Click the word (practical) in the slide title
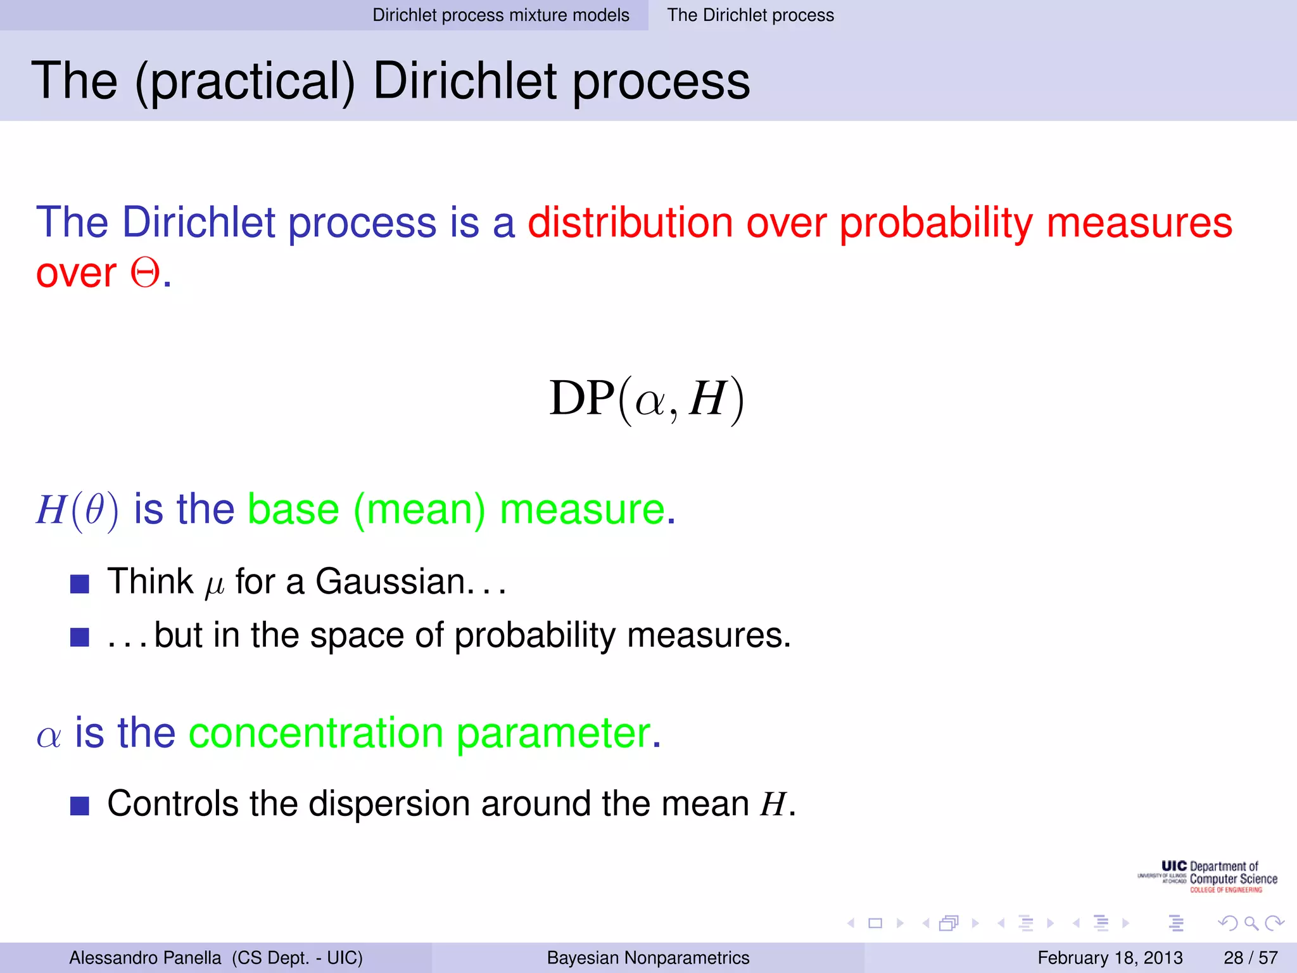point(244,82)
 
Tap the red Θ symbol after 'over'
point(145,274)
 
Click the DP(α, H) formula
point(647,399)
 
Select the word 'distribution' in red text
point(630,223)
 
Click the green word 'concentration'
point(316,733)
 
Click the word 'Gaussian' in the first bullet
point(391,582)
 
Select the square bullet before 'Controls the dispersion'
point(80,806)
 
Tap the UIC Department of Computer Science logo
point(1208,877)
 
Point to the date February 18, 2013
point(1110,958)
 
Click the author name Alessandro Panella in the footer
point(145,958)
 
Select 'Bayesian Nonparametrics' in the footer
point(648,958)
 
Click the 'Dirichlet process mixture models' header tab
point(500,15)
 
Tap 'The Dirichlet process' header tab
point(750,15)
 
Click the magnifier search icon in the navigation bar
point(1251,923)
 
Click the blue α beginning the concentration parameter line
point(49,737)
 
